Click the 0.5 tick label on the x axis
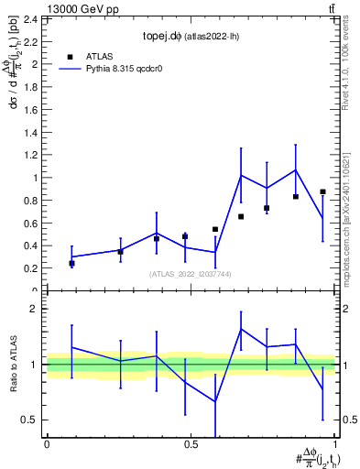191,445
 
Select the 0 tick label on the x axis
47,445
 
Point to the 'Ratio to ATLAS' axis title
13,365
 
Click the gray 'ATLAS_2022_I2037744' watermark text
191,274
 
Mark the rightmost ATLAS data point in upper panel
322,191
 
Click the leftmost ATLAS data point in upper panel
71,263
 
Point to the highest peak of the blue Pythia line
296,169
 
